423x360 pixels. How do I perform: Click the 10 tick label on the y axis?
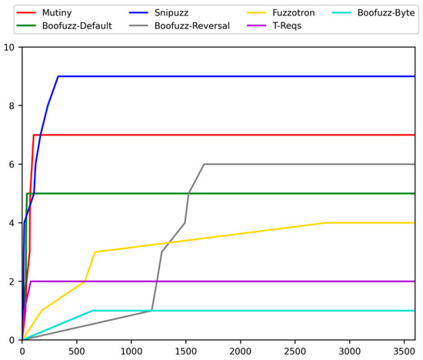tap(8, 47)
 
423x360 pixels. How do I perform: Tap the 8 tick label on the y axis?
tap(11, 105)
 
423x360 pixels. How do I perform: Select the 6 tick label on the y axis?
tap(11, 164)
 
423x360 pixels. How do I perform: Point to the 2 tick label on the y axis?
tap(11, 282)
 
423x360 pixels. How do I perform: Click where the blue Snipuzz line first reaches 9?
tap(58, 76)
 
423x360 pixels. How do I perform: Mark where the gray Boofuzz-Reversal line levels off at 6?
tap(204, 164)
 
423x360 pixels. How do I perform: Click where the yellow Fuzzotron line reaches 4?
tap(327, 223)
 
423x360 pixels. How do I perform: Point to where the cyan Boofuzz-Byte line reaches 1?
tap(92, 311)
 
